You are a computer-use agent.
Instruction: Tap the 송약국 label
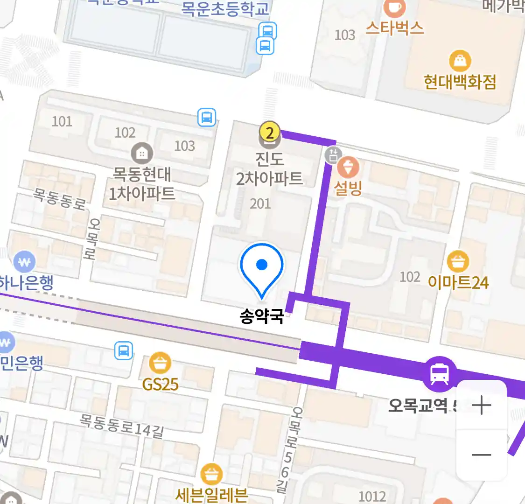tap(262, 316)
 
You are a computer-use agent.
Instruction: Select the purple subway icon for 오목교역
tap(439, 373)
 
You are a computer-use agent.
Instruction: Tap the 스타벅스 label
tap(394, 28)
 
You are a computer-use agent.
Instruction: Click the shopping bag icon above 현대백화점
tap(460, 61)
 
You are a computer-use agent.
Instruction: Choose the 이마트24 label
tap(458, 282)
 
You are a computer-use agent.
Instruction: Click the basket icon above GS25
tap(160, 363)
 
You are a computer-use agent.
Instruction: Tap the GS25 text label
tap(161, 385)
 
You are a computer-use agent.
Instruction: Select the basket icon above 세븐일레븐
tap(211, 475)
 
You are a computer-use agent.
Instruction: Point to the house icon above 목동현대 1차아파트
tap(142, 153)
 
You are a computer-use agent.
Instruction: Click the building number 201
tap(260, 203)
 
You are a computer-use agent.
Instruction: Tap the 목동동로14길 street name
tap(122, 426)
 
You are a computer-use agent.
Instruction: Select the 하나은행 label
tap(27, 283)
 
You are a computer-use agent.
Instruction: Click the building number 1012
tap(372, 496)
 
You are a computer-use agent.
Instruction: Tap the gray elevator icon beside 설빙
tap(333, 155)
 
